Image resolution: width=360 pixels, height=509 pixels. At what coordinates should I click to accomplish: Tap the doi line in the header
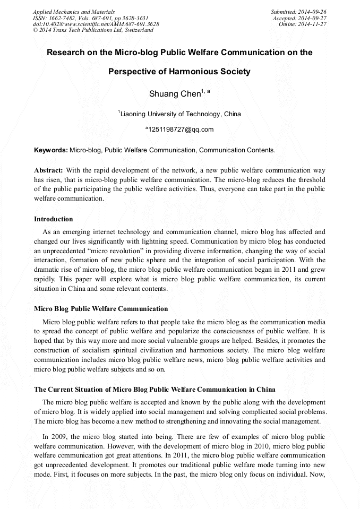[96, 24]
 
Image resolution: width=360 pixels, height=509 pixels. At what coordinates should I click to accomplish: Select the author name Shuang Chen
[173, 94]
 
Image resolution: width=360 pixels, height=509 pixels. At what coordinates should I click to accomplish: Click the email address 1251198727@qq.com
[181, 130]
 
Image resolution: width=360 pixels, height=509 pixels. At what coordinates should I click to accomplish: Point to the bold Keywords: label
[51, 150]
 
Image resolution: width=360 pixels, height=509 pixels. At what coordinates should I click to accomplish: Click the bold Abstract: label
[49, 170]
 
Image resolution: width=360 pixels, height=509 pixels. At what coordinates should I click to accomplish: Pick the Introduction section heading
[54, 219]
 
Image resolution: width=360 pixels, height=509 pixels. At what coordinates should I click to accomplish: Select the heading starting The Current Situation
[155, 390]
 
